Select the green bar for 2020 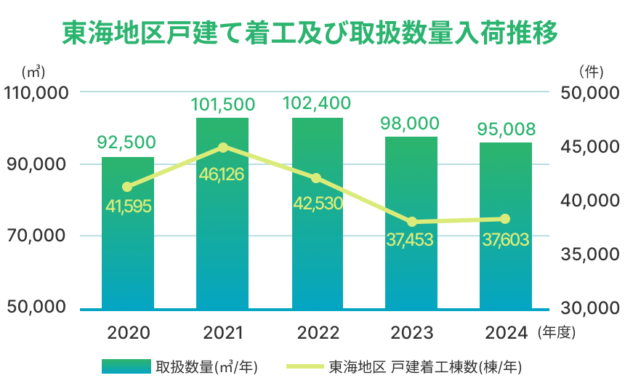(128, 247)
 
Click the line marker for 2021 (223, 148)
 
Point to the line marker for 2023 (412, 222)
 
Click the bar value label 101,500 (222, 105)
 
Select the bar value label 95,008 (506, 129)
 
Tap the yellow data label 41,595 (128, 206)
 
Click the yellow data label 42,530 (317, 203)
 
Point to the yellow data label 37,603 (506, 238)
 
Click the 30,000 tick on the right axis (589, 308)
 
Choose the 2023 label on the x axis (412, 333)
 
